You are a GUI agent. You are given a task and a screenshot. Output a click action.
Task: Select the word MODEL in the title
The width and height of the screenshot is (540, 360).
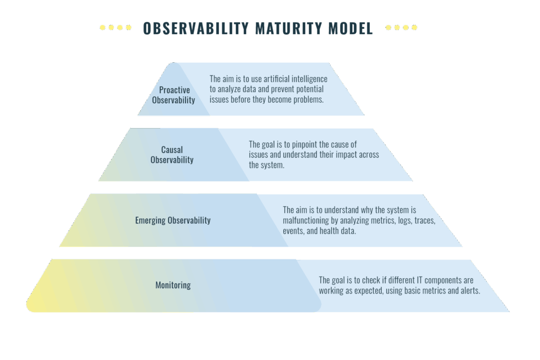[x=351, y=28]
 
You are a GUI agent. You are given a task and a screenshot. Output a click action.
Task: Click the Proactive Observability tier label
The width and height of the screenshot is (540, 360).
[x=173, y=95]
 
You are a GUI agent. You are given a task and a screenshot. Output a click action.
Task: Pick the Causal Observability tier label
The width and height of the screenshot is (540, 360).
[x=172, y=155]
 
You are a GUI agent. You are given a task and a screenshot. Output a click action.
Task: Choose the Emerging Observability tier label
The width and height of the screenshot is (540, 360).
[x=173, y=220]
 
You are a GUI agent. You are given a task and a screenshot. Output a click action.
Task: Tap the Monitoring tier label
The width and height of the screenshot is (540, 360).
[x=173, y=285]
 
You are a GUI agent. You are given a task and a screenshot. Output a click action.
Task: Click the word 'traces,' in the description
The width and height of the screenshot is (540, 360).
[x=425, y=220]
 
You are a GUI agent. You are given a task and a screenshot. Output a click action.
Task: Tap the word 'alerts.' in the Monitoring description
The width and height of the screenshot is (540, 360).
[x=470, y=290]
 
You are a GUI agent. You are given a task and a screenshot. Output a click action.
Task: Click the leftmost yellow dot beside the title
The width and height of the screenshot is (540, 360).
[x=102, y=27]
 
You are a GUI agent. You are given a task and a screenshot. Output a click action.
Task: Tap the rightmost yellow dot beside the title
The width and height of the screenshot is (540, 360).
[x=414, y=27]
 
